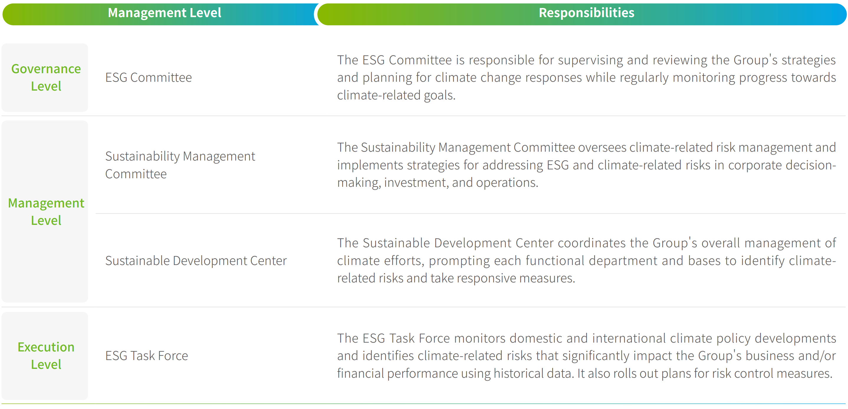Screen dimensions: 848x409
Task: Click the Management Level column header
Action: tap(164, 13)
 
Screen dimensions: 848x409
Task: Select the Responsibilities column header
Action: tap(586, 13)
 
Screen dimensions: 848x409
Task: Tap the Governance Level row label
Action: tap(46, 77)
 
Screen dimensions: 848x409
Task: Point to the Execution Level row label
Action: tap(46, 356)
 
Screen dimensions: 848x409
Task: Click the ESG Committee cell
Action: tap(149, 77)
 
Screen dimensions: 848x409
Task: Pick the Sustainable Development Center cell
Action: tap(196, 261)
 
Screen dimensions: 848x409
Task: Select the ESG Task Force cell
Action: tap(147, 356)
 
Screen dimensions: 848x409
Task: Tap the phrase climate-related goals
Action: tap(396, 95)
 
